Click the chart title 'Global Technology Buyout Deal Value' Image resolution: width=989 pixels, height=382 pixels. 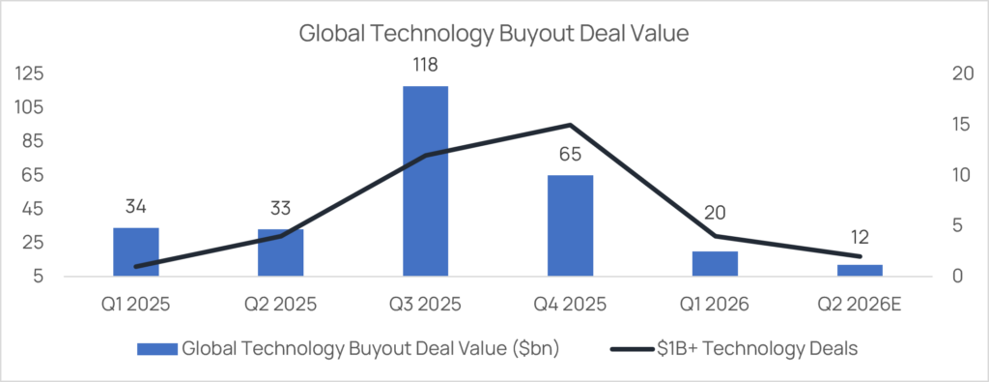click(494, 34)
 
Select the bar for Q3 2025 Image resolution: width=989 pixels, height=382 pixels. click(425, 181)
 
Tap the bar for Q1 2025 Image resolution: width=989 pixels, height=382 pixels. click(135, 252)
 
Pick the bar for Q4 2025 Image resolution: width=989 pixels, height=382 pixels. click(570, 225)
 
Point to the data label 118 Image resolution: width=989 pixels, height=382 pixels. click(425, 65)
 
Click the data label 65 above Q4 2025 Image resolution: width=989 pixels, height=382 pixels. click(570, 154)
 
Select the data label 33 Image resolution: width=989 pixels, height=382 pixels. click(281, 208)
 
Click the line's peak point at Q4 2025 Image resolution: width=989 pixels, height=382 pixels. click(570, 125)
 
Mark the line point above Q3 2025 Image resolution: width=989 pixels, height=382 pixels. click(425, 155)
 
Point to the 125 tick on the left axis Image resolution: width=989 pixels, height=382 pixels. click(29, 73)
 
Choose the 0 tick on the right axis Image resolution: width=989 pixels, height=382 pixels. click(953, 277)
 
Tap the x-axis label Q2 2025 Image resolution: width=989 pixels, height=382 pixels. click(281, 305)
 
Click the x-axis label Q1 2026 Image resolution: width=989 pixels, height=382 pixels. click(716, 305)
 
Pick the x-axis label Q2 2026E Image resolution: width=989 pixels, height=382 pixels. click(860, 305)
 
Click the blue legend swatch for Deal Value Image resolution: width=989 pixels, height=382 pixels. click(156, 348)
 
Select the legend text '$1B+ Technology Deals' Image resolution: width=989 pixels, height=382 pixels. click(754, 348)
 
